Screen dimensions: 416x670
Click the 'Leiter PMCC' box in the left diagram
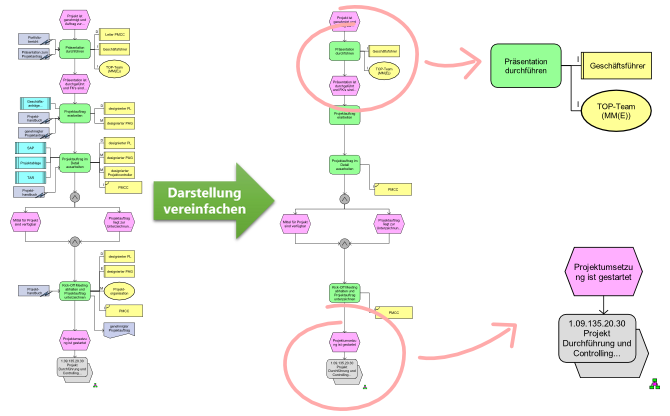click(x=116, y=34)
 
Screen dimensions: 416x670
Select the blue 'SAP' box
click(x=30, y=147)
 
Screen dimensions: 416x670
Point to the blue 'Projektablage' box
click(x=30, y=161)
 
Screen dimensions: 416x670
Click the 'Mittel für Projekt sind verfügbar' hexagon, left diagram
click(x=26, y=222)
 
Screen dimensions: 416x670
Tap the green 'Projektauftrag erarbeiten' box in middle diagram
click(x=344, y=114)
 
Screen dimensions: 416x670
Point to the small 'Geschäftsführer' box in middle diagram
click(x=384, y=49)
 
